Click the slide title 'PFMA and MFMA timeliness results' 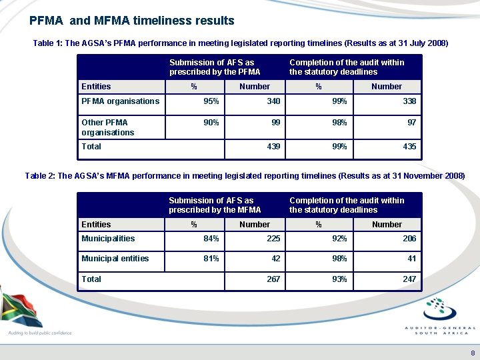click(x=132, y=21)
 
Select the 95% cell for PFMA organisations click(x=211, y=101)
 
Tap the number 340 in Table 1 click(x=273, y=101)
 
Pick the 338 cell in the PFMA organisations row click(x=409, y=101)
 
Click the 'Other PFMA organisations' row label click(x=107, y=127)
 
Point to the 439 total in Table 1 click(x=273, y=146)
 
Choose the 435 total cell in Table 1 click(x=409, y=146)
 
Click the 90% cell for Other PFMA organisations click(x=211, y=123)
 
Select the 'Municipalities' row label click(x=108, y=239)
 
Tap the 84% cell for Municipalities click(x=211, y=239)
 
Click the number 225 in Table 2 click(x=273, y=239)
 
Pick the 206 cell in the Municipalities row click(x=409, y=239)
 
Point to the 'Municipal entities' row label click(x=115, y=259)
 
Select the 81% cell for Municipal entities click(x=211, y=259)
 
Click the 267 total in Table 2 click(x=273, y=279)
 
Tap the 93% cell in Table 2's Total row click(x=339, y=279)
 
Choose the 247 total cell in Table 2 click(x=409, y=279)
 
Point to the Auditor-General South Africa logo click(x=440, y=317)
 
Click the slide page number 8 click(x=473, y=353)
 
